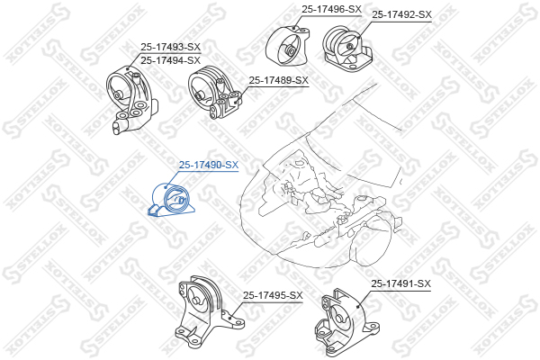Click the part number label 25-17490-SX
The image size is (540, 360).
pyautogui.click(x=209, y=165)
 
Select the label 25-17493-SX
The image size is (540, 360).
pyautogui.click(x=170, y=47)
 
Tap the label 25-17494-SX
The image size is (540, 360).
pyautogui.click(x=170, y=60)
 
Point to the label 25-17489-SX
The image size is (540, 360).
pyautogui.click(x=279, y=81)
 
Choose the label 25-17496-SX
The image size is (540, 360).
pyautogui.click(x=331, y=10)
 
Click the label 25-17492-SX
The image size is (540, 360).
pyautogui.click(x=401, y=14)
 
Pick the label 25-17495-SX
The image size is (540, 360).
pyautogui.click(x=273, y=295)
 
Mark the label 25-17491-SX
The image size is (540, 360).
pyautogui.click(x=400, y=283)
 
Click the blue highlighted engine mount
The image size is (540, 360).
pyautogui.click(x=171, y=202)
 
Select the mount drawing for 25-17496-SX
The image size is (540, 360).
pyautogui.click(x=288, y=46)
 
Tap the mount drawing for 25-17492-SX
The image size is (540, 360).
pyautogui.click(x=347, y=49)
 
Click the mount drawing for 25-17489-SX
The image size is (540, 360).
pyautogui.click(x=214, y=93)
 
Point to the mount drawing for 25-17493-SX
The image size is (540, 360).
pyautogui.click(x=132, y=100)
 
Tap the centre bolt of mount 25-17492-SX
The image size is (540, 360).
pyautogui.click(x=349, y=47)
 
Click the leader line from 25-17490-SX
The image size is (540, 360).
pyautogui.click(x=173, y=179)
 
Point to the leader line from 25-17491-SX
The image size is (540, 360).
pyautogui.click(x=364, y=298)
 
